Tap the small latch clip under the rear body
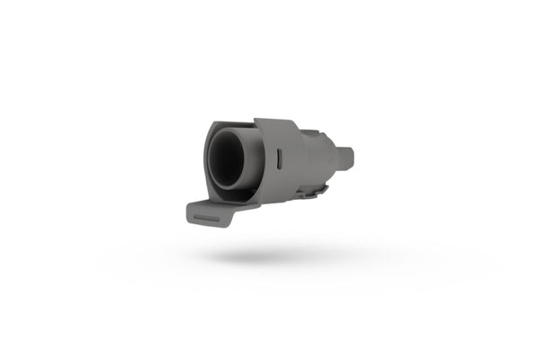(313, 190)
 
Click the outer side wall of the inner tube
(253, 162)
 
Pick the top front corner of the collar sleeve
(257, 121)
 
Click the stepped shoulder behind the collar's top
(310, 132)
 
